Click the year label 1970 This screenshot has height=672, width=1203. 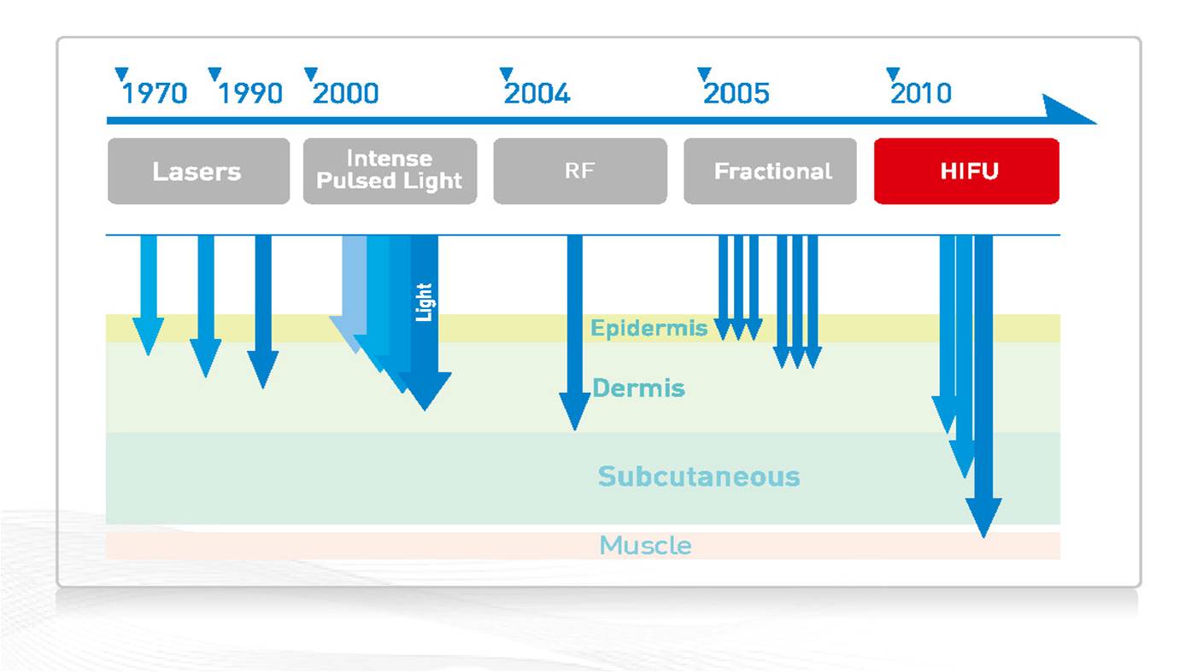[x=155, y=93]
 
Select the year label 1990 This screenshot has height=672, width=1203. [x=250, y=93]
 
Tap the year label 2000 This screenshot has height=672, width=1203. [x=346, y=93]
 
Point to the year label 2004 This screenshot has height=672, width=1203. [x=537, y=93]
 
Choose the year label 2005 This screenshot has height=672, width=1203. [x=736, y=93]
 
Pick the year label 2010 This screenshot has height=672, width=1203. [x=921, y=93]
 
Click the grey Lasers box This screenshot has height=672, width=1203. [x=199, y=172]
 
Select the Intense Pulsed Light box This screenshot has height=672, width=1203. [x=390, y=172]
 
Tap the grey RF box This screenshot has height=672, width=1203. [x=580, y=172]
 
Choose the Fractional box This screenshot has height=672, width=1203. [x=770, y=172]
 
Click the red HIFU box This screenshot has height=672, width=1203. [x=966, y=172]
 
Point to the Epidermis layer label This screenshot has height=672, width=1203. [x=648, y=328]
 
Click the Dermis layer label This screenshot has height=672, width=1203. [x=638, y=388]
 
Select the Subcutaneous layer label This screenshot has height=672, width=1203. [x=699, y=476]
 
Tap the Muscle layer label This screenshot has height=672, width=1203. [x=646, y=546]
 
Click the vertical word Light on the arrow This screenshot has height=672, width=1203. [x=424, y=302]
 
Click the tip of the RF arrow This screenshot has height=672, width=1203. [x=575, y=430]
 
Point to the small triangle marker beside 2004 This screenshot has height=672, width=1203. [x=507, y=74]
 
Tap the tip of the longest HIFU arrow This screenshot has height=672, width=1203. [x=983, y=537]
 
